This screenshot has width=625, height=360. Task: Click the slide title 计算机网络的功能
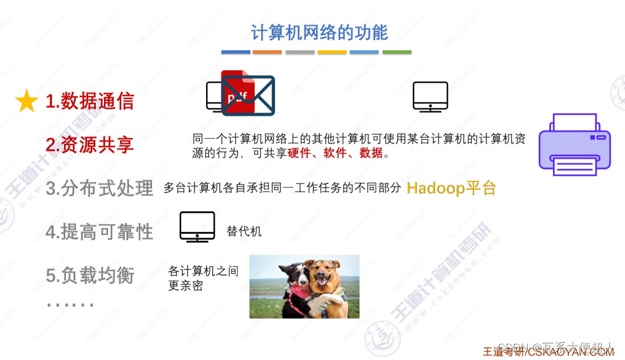click(319, 32)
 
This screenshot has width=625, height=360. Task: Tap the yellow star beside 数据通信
click(27, 102)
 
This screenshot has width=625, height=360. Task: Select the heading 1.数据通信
click(90, 102)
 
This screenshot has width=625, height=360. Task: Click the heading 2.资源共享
click(90, 145)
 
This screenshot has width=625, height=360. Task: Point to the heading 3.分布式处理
click(100, 188)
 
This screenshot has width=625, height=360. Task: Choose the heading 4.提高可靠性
click(100, 231)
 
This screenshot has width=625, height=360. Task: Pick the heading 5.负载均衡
click(90, 275)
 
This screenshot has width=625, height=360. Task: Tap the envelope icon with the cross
click(249, 96)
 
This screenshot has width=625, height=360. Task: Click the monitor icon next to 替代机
click(197, 226)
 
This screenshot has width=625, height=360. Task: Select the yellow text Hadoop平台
click(452, 188)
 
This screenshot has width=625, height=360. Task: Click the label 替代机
click(244, 231)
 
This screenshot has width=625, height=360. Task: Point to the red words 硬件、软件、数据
click(335, 153)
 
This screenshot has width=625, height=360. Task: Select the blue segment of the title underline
click(236, 52)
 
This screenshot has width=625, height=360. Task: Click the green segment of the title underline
click(397, 52)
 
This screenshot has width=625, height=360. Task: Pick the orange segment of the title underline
click(268, 52)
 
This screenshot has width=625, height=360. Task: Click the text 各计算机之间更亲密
click(203, 278)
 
